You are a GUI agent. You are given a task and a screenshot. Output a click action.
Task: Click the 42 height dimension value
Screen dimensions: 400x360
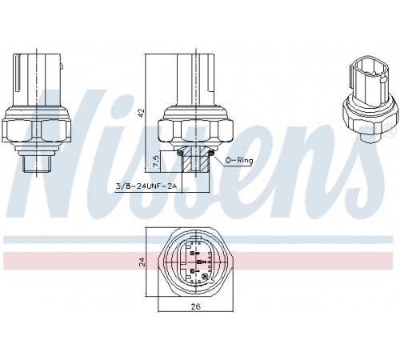click(142, 113)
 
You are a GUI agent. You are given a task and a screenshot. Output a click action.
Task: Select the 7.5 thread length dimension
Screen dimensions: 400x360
click(156, 161)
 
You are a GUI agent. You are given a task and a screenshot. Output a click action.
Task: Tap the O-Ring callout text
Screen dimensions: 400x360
click(239, 160)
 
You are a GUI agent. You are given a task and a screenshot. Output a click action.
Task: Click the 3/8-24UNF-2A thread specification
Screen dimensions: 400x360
click(146, 186)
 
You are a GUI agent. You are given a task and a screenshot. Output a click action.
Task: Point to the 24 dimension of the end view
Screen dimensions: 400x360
click(142, 262)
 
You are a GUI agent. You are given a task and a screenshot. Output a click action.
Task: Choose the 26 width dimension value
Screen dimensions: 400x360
click(196, 306)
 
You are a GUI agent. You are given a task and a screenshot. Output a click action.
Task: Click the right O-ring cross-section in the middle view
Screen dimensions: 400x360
click(212, 153)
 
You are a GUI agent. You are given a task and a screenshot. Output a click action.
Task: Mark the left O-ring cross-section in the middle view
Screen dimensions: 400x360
click(179, 153)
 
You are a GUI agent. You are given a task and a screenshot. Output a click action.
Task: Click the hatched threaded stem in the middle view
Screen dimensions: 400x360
click(195, 160)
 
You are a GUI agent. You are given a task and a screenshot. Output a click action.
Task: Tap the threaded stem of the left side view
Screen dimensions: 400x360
click(36, 164)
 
